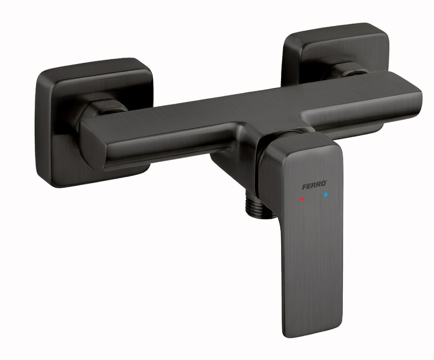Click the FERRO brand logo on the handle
pos(315,186)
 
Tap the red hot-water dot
pos(302,199)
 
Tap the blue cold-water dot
pos(325,195)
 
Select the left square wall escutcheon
pos(94,122)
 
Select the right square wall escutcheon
pos(335,55)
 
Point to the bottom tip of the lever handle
pos(313,336)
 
